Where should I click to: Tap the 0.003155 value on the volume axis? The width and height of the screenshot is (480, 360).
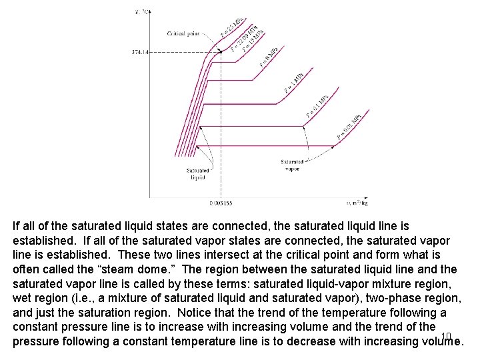tap(220, 203)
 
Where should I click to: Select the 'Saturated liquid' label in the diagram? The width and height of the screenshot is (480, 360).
tap(198, 174)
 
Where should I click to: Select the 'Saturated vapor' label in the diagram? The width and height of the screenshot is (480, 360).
tap(292, 165)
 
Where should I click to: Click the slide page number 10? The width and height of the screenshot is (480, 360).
tap(447, 335)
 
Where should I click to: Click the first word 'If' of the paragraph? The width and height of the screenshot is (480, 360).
tap(17, 226)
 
